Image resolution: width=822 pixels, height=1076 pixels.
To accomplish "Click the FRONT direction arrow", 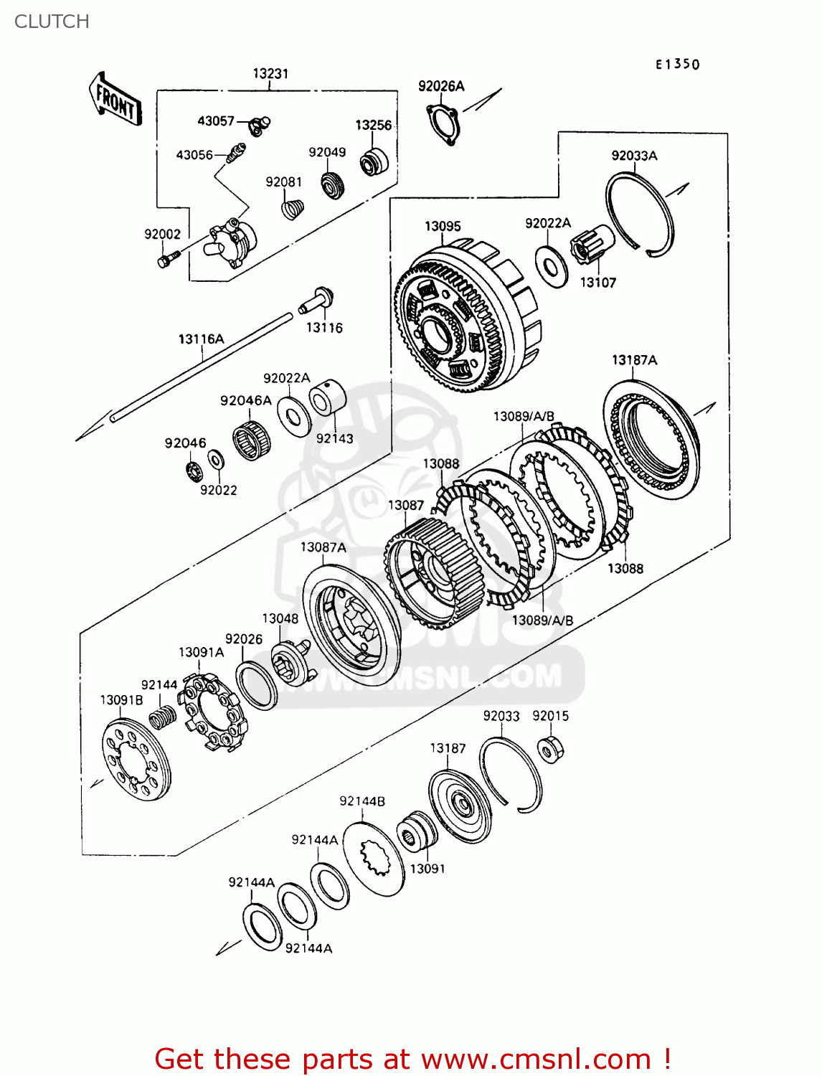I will [115, 100].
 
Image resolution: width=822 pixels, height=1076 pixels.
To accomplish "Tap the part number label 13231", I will [270, 73].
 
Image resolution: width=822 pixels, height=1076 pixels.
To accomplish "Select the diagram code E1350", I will [677, 64].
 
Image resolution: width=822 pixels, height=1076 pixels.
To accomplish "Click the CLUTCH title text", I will [52, 22].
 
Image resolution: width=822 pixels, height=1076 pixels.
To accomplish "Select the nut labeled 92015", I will [550, 750].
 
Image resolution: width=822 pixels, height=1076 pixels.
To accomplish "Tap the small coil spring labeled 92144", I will [163, 716].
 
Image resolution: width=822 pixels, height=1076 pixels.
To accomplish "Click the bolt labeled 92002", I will [164, 259].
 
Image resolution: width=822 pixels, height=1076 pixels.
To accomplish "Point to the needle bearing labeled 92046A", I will [252, 441].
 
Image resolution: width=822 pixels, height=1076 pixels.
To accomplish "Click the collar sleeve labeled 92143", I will [328, 397].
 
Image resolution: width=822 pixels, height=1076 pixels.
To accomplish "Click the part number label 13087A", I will [323, 547].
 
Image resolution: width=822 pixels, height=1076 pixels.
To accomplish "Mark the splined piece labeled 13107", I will [592, 246].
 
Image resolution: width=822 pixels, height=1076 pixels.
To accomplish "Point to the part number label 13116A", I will [201, 339].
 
